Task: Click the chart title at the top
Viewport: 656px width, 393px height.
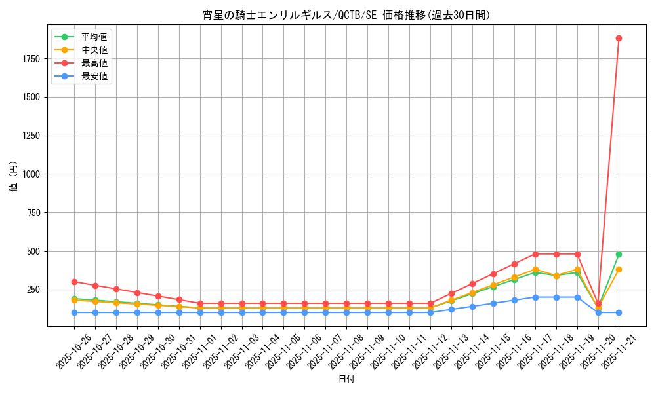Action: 346,15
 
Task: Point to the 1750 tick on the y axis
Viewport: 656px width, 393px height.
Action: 31,59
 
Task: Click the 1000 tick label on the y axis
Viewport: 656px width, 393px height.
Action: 31,174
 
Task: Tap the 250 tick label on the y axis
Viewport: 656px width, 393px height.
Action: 33,290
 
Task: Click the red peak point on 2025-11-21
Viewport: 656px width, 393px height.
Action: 619,38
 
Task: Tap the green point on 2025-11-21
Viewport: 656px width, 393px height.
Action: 619,254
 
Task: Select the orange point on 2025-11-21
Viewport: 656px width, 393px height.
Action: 619,269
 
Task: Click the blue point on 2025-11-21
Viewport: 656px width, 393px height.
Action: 619,312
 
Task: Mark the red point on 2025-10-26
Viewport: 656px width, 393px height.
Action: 74,282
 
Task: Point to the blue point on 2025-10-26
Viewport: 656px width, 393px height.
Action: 74,312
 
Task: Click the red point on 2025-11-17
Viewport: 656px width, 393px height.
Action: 535,254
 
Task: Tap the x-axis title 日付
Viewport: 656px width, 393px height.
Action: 346,379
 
